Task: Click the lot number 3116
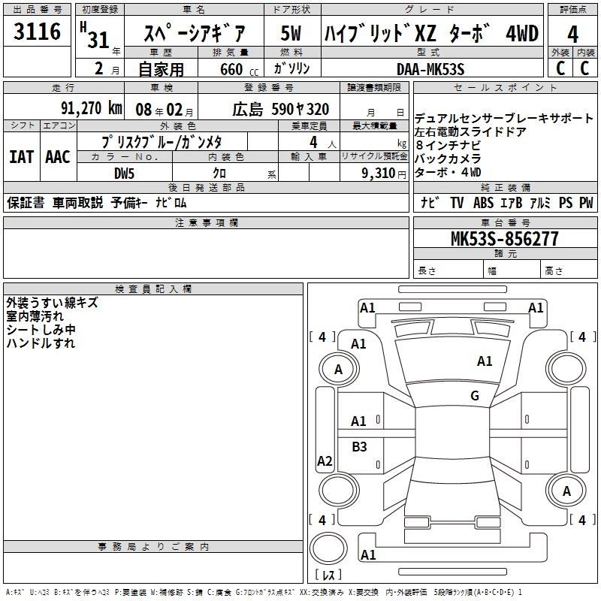pos(37,32)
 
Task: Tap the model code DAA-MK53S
pos(430,68)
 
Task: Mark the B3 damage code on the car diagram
pos(359,447)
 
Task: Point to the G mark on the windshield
pos(474,396)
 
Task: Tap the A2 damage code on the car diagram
pos(325,461)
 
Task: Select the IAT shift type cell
pos(21,157)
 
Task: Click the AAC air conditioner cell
pos(57,157)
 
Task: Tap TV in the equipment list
pos(457,203)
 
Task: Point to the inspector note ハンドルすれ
pos(41,343)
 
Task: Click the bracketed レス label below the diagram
pos(328,575)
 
